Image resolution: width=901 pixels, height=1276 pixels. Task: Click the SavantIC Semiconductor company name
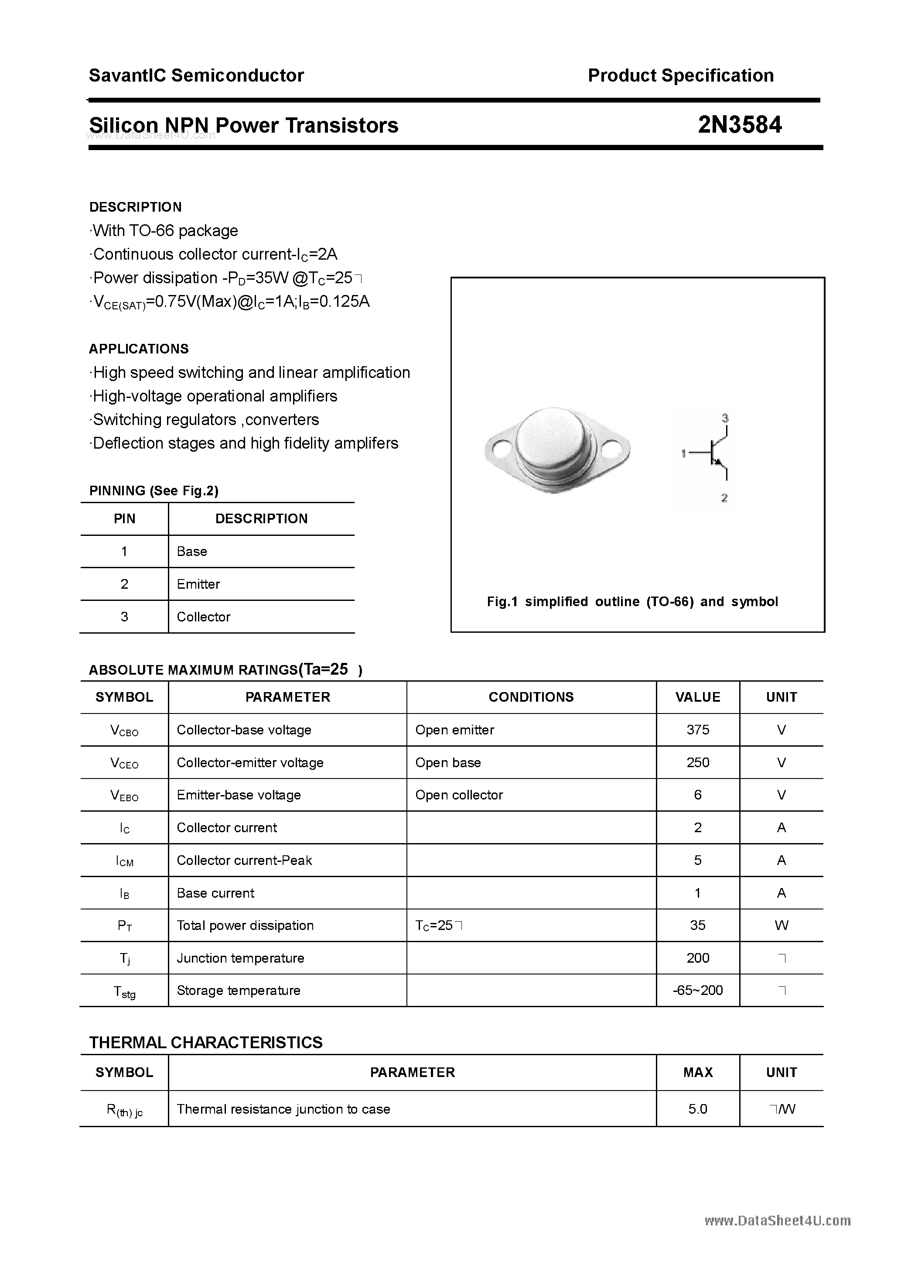tap(196, 75)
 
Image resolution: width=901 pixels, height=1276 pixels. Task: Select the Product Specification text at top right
tap(680, 75)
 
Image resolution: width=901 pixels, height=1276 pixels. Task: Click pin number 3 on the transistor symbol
tap(725, 417)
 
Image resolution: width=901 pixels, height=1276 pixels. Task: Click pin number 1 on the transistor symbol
tap(683, 453)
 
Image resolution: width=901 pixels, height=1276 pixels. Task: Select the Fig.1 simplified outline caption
tap(632, 601)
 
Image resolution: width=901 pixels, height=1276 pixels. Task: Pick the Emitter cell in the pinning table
tap(198, 584)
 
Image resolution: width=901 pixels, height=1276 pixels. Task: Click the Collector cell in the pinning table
tap(203, 617)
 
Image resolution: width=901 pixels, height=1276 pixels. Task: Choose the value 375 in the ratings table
tap(698, 730)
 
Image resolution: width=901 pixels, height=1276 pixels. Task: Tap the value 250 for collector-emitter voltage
tap(698, 762)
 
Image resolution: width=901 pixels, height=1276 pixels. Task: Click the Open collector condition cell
tap(459, 795)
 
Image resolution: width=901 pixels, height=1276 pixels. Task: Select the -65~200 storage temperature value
tap(698, 990)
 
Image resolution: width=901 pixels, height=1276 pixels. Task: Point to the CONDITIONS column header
tap(531, 697)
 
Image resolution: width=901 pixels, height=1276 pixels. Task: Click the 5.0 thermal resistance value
tap(698, 1109)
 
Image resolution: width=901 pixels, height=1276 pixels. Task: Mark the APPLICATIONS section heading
tap(139, 349)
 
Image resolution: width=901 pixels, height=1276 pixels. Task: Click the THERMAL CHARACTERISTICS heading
tap(205, 1042)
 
